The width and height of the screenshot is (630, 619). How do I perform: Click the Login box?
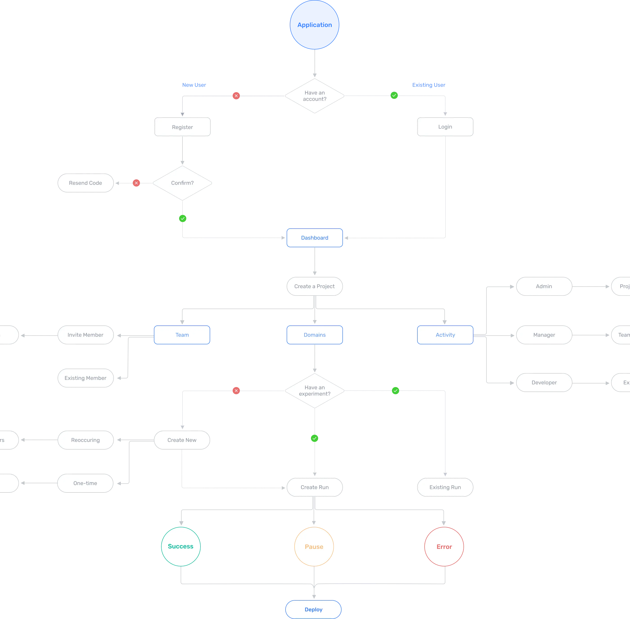coord(445,127)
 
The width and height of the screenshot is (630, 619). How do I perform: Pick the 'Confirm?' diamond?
coord(182,183)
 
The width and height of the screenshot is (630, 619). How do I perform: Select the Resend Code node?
coord(85,183)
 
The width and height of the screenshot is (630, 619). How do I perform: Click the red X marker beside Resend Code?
coord(136,183)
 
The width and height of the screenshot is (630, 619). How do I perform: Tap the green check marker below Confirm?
coord(182,218)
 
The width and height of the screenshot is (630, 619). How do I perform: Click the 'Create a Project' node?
coord(314,286)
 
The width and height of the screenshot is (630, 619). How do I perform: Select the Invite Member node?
coord(85,335)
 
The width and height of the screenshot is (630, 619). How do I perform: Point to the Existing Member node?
coord(85,378)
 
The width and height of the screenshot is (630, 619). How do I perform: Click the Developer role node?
coord(544,383)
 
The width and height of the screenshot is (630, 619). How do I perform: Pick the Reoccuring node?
coord(85,440)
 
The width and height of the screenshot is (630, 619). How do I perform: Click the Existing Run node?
coord(445,487)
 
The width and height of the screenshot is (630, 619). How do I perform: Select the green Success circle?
coord(181,546)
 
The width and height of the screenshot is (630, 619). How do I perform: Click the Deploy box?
coord(313,610)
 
